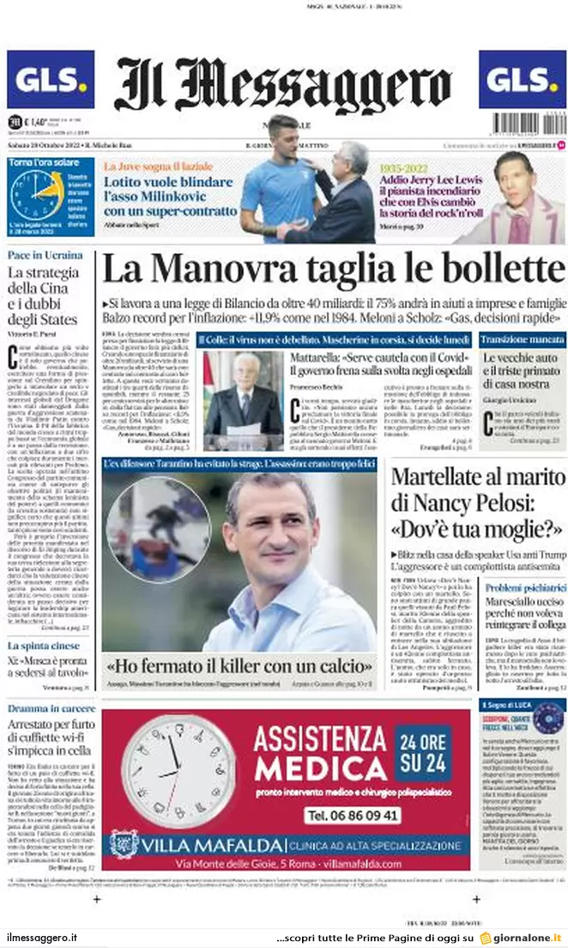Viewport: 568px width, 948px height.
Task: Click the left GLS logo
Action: pos(51,79)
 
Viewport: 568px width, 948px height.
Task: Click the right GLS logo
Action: pos(522,79)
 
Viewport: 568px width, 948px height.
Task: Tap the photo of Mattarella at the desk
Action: pos(243,399)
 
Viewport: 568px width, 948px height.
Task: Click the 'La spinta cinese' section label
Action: pos(44,645)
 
